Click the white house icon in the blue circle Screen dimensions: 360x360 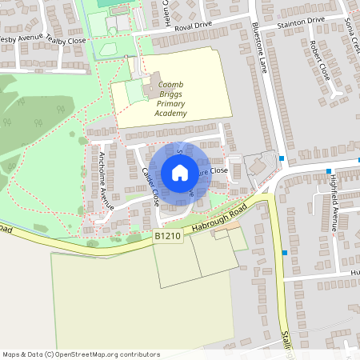point(180,173)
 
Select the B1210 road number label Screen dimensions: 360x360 point(169,236)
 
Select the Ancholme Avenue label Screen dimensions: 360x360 point(103,179)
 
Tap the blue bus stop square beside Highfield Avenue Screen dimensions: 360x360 point(329,171)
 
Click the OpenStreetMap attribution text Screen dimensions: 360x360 point(81,354)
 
